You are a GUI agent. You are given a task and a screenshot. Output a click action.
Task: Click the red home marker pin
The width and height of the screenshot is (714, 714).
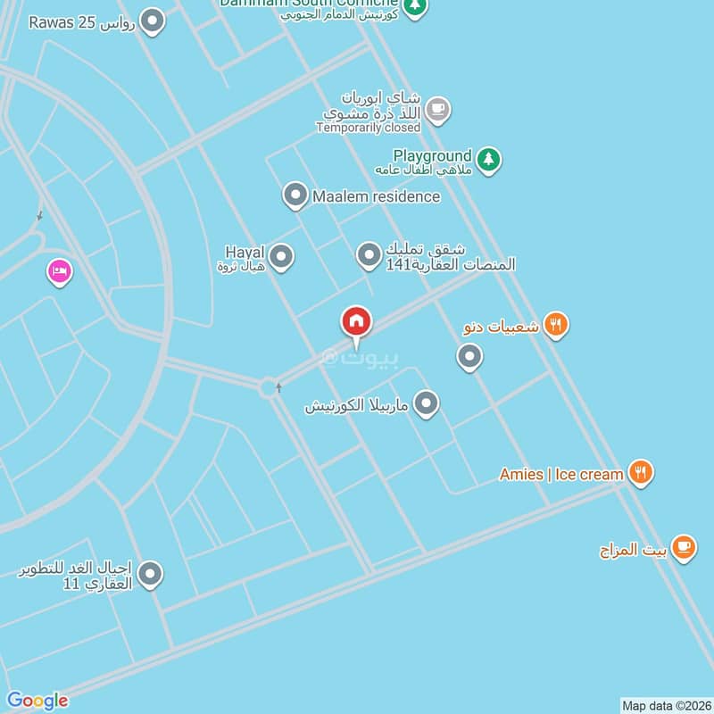coord(356,321)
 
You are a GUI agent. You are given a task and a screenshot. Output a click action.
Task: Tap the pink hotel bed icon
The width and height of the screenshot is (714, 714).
coord(59,270)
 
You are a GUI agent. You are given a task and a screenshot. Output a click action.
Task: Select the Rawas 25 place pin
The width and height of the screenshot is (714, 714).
coord(154,21)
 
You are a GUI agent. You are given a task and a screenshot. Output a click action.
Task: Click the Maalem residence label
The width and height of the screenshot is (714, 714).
coord(376,196)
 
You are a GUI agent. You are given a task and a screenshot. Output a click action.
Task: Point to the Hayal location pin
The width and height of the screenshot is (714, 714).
coord(282,258)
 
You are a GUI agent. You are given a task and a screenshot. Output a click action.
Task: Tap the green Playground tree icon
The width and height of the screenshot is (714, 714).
coord(487,160)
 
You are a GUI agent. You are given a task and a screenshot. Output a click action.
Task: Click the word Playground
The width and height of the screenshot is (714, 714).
coord(432,156)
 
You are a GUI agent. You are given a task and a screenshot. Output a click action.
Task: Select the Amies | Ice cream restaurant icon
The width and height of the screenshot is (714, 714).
coord(640,472)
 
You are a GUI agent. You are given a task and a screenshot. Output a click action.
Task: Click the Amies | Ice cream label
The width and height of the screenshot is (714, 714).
coord(560,474)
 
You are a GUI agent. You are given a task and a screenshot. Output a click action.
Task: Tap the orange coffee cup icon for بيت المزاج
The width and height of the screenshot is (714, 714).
coord(684,546)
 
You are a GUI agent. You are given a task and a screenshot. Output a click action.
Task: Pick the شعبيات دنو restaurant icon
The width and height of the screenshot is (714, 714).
coord(555,326)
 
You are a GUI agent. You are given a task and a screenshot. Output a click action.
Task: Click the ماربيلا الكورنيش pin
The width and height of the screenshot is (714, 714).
coord(427,403)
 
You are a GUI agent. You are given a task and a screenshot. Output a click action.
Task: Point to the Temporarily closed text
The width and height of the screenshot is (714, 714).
coord(368,128)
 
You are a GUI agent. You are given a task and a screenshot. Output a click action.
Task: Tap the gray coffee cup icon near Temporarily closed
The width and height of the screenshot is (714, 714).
coord(436,110)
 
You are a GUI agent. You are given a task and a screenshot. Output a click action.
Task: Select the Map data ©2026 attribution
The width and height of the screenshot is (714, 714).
coord(665,705)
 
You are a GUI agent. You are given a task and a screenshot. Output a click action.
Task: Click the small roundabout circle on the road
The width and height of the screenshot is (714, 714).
coord(268,387)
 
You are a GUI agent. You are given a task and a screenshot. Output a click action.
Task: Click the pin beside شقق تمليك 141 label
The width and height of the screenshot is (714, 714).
coord(369,256)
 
